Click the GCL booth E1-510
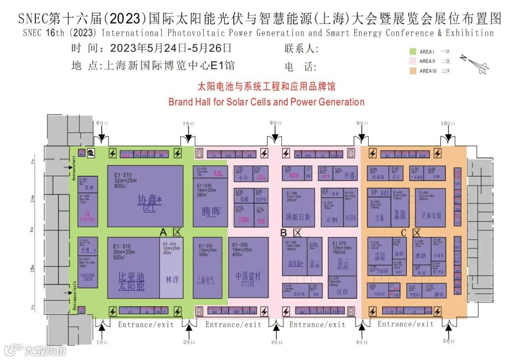click(x=145, y=196)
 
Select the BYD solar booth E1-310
click(x=133, y=268)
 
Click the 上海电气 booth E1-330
click(x=207, y=268)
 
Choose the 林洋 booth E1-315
click(x=172, y=268)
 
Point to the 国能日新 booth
click(x=298, y=207)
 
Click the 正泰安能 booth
click(x=431, y=207)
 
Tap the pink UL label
click(x=218, y=173)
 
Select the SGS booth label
click(x=294, y=175)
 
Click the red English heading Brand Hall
click(x=266, y=102)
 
